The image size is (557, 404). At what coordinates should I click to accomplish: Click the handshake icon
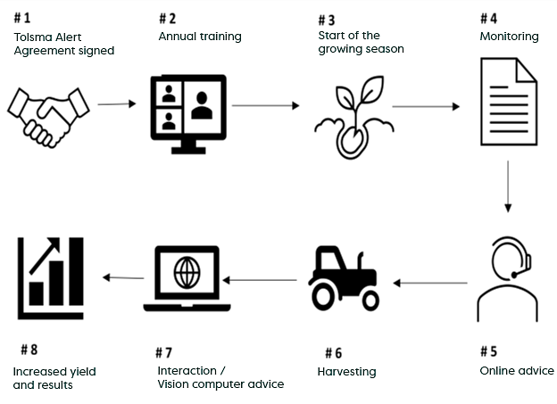click(51, 113)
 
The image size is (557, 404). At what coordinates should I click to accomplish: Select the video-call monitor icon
click(187, 110)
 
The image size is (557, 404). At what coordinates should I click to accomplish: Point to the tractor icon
click(344, 278)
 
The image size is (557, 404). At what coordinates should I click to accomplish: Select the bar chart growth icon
click(51, 272)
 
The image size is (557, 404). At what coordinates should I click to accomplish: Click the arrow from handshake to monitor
click(116, 104)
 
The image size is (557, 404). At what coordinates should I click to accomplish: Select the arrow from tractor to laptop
click(260, 280)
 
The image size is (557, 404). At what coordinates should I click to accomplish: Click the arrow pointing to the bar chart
click(123, 277)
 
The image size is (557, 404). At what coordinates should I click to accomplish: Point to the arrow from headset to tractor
click(431, 284)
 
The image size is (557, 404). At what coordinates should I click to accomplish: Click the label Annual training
click(200, 37)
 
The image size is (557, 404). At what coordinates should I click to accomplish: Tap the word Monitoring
click(509, 37)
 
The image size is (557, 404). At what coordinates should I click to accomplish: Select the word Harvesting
click(346, 371)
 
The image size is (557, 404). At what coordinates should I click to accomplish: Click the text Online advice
click(517, 370)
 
